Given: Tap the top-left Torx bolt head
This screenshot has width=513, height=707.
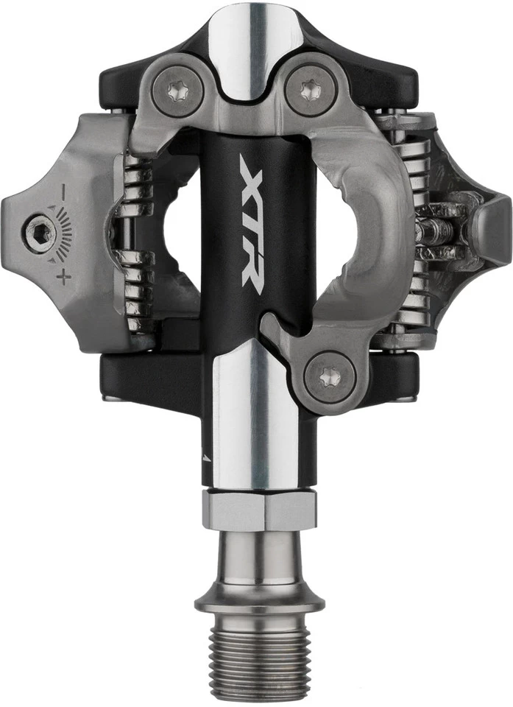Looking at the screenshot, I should (x=177, y=91).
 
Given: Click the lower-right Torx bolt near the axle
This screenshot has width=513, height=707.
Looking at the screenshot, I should (x=330, y=377).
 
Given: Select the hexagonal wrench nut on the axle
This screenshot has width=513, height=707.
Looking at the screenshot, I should (x=260, y=510).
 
